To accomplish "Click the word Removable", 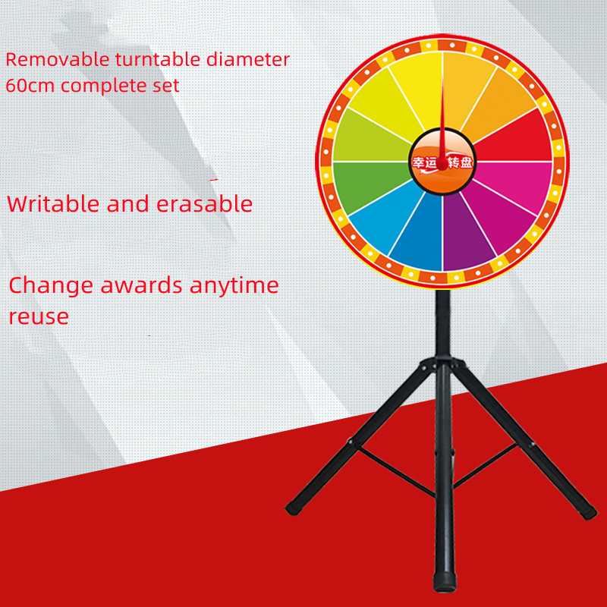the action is click(x=58, y=60).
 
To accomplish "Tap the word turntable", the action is click(x=159, y=60).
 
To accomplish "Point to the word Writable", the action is click(x=53, y=203).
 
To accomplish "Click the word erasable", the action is click(x=204, y=203).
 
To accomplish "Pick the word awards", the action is click(x=142, y=285).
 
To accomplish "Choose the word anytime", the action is click(x=234, y=287).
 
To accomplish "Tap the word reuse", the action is click(x=39, y=317).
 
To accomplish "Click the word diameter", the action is click(x=248, y=60).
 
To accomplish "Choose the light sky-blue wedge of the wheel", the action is click(x=383, y=220).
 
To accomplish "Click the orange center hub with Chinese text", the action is click(x=442, y=162).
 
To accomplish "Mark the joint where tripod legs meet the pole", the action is click(x=443, y=363).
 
